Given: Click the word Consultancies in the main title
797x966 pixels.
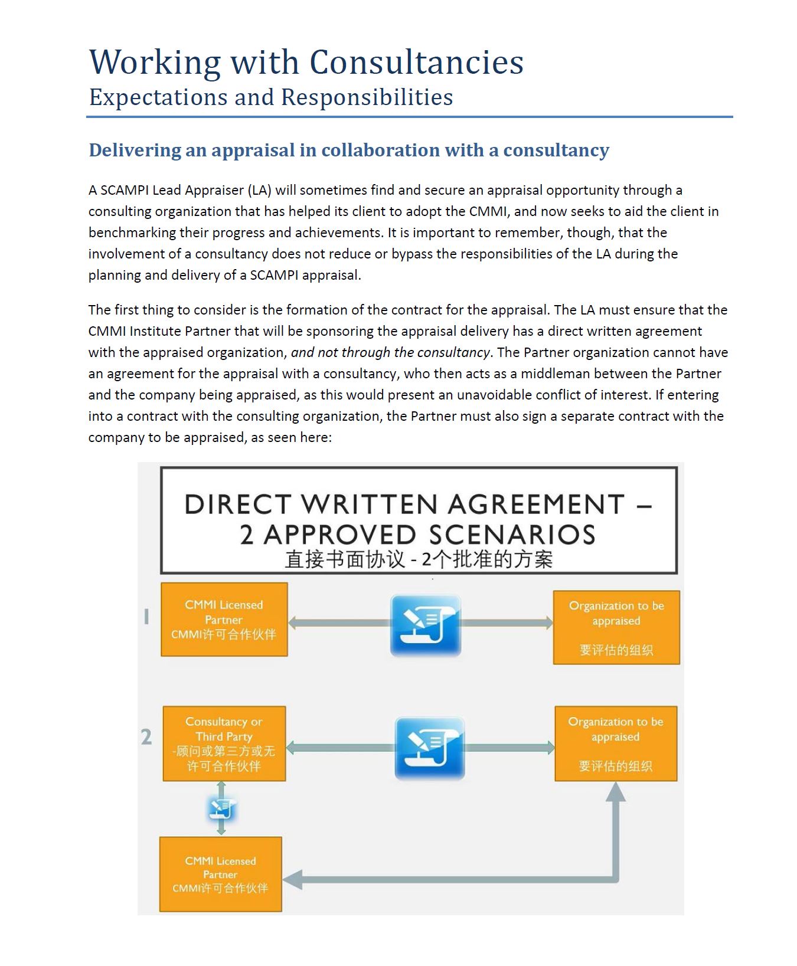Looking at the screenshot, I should point(416,63).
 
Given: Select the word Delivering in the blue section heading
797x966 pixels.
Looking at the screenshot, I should point(135,150).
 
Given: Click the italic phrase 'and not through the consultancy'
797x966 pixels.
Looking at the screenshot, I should point(390,352).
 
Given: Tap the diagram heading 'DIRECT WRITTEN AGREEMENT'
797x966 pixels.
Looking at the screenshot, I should point(404,505).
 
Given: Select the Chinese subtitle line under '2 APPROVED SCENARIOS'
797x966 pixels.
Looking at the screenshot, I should point(419,559).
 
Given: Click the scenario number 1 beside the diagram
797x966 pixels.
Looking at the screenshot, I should point(146,617).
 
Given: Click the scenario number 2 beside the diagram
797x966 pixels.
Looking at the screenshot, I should point(146,736).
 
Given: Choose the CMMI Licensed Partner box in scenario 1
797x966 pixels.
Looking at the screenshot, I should point(224,620).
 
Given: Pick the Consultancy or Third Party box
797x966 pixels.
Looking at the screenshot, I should point(224,744).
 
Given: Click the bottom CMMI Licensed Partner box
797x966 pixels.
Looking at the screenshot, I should point(220,874).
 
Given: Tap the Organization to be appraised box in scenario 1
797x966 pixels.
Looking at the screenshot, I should point(616,627).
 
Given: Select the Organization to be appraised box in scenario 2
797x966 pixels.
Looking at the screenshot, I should point(616,744).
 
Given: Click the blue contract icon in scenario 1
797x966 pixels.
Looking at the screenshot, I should point(426,626).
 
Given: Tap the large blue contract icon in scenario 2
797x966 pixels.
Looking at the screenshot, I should point(429,748).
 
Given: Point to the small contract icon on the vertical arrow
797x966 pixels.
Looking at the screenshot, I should point(221,809).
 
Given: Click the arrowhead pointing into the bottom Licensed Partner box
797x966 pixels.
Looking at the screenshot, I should point(293,879).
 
